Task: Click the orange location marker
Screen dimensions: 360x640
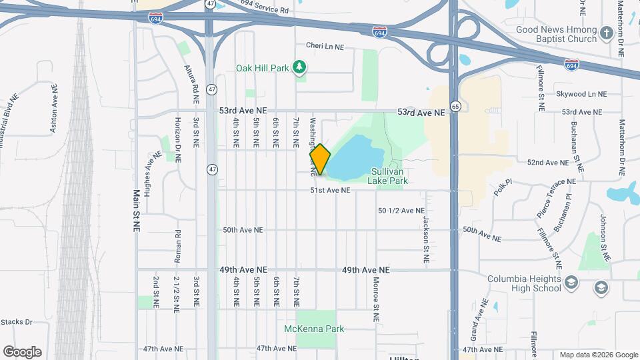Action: pyautogui.click(x=320, y=159)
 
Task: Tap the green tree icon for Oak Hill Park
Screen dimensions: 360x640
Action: pyautogui.click(x=301, y=67)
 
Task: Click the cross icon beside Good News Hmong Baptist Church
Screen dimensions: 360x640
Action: pyautogui.click(x=606, y=33)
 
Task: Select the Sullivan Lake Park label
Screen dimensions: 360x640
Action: pyautogui.click(x=390, y=175)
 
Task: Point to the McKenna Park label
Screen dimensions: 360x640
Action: pyautogui.click(x=314, y=329)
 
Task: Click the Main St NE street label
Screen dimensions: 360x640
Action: pyautogui.click(x=137, y=211)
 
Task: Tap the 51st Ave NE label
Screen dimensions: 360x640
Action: pyautogui.click(x=329, y=191)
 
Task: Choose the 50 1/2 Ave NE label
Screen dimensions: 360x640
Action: pyautogui.click(x=401, y=210)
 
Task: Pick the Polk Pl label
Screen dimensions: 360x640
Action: pyautogui.click(x=502, y=185)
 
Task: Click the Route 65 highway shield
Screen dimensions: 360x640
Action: pyautogui.click(x=455, y=106)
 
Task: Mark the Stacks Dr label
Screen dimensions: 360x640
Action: pyautogui.click(x=17, y=322)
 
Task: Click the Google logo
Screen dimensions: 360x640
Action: pyautogui.click(x=22, y=352)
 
